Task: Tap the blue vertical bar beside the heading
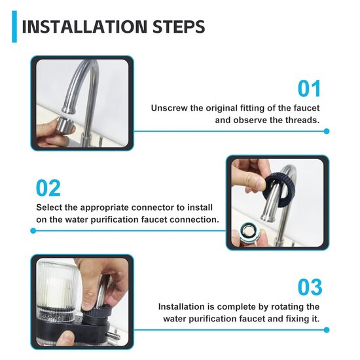(x=14, y=27)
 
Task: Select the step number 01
(x=310, y=88)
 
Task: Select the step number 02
(x=48, y=189)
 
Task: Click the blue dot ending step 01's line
(x=326, y=131)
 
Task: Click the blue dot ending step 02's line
(x=33, y=230)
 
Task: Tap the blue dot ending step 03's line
(x=326, y=330)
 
